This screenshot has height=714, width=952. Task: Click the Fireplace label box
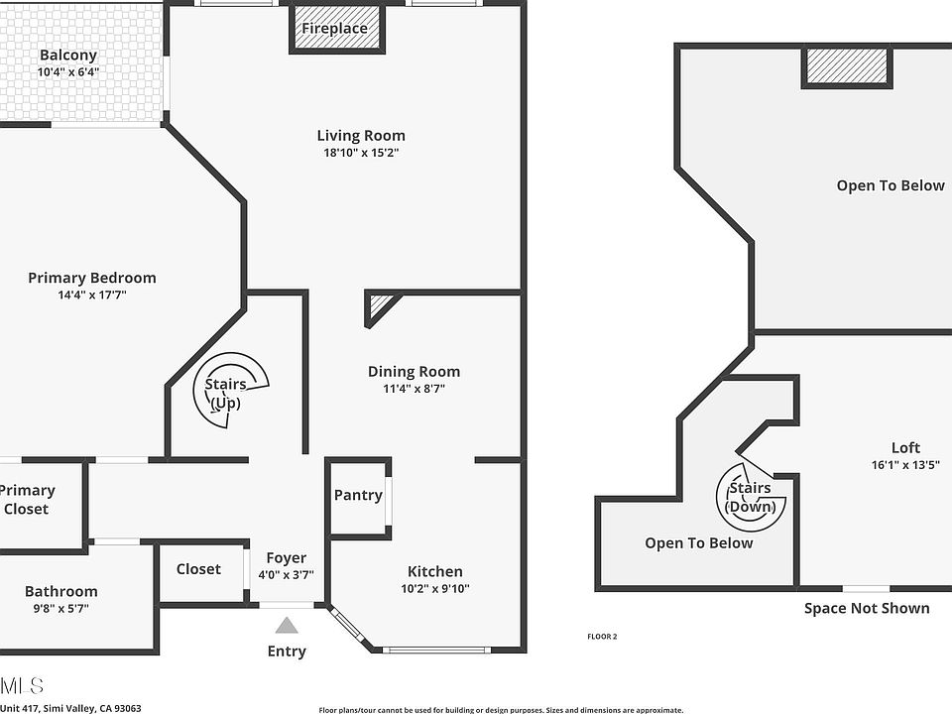click(x=335, y=29)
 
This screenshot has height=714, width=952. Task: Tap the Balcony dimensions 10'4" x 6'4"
click(x=68, y=72)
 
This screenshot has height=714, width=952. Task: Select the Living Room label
click(x=361, y=136)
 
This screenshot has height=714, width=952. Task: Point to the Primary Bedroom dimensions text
click(x=92, y=295)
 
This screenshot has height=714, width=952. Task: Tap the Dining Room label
click(x=414, y=372)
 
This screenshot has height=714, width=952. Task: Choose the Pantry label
click(x=358, y=495)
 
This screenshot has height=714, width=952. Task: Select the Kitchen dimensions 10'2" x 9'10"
click(x=435, y=588)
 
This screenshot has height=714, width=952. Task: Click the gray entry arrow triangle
click(x=287, y=626)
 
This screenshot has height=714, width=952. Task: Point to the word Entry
click(x=287, y=652)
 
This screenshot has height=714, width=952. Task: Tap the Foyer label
click(x=287, y=558)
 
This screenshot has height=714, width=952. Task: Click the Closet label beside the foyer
click(x=198, y=569)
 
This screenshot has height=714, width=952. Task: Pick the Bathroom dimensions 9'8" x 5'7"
click(x=61, y=608)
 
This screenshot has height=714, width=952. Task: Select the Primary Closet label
click(x=28, y=500)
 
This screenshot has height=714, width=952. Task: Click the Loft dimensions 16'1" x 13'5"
click(x=904, y=465)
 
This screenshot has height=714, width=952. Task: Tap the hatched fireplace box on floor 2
click(x=846, y=65)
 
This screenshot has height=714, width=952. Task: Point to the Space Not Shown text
click(x=867, y=609)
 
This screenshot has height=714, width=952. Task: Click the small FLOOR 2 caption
click(x=603, y=637)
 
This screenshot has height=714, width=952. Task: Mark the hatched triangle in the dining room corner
click(x=378, y=306)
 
